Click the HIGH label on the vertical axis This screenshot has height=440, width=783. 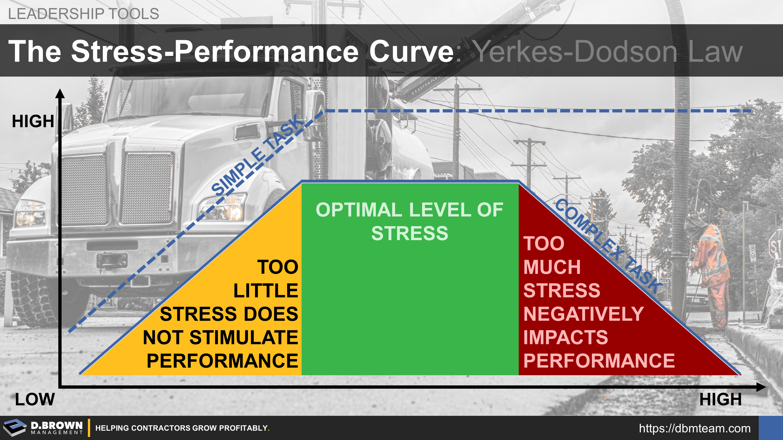[x=33, y=121]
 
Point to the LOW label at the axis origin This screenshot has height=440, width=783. [x=35, y=399]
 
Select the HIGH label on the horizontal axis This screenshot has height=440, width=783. [x=720, y=399]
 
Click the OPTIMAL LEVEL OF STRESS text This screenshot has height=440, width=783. [x=409, y=221]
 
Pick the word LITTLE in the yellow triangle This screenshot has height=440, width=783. [x=266, y=291]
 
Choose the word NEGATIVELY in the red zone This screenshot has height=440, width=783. [x=584, y=314]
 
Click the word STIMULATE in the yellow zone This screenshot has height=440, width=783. [x=244, y=337]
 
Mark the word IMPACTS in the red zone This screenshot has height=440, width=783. [x=566, y=337]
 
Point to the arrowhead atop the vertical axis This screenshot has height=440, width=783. [x=60, y=93]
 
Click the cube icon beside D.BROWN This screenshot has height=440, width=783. [x=15, y=428]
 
